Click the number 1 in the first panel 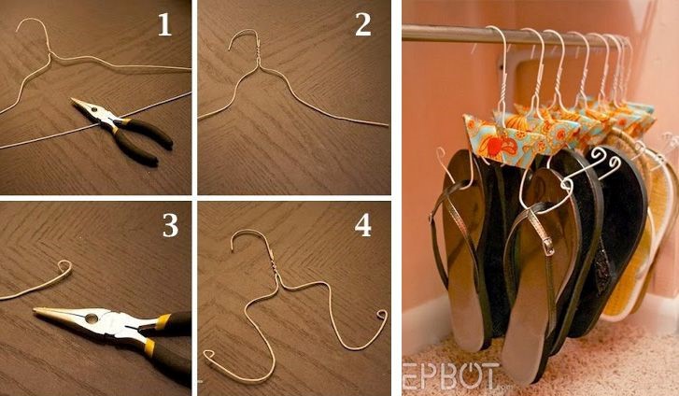[164, 24]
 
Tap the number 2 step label [363, 24]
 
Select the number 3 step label [170, 225]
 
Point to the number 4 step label [363, 225]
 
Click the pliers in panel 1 [123, 130]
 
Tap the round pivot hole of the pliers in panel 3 [92, 318]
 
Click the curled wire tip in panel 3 [64, 268]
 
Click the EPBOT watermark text [450, 376]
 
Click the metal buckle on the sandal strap [548, 247]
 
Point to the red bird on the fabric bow [493, 144]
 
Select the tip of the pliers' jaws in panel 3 [35, 309]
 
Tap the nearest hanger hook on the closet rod [503, 69]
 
